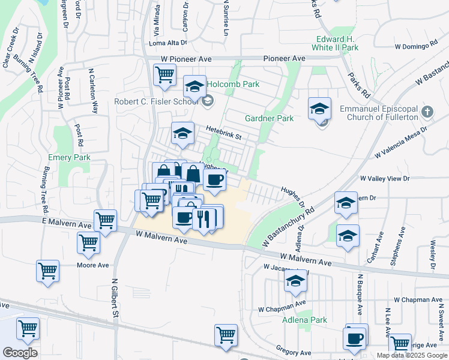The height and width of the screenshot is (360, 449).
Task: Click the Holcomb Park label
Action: click(x=234, y=84)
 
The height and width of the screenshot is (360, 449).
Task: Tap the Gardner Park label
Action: click(x=269, y=118)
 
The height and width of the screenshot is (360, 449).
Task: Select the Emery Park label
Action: click(x=69, y=158)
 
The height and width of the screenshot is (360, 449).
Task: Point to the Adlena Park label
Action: click(x=305, y=320)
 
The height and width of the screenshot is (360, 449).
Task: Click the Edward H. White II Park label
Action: click(x=337, y=43)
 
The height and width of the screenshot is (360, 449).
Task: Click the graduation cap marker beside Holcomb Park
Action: click(x=194, y=86)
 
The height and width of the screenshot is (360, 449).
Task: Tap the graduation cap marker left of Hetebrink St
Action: click(x=182, y=133)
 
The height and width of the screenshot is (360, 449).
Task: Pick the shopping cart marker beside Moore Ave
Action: click(x=88, y=242)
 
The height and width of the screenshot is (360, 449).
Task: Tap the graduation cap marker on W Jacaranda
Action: click(x=295, y=281)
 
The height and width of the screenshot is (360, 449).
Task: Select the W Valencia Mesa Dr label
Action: click(x=400, y=142)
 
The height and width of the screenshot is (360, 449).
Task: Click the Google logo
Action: click(x=20, y=353)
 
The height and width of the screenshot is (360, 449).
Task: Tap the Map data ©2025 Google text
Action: click(x=411, y=355)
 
